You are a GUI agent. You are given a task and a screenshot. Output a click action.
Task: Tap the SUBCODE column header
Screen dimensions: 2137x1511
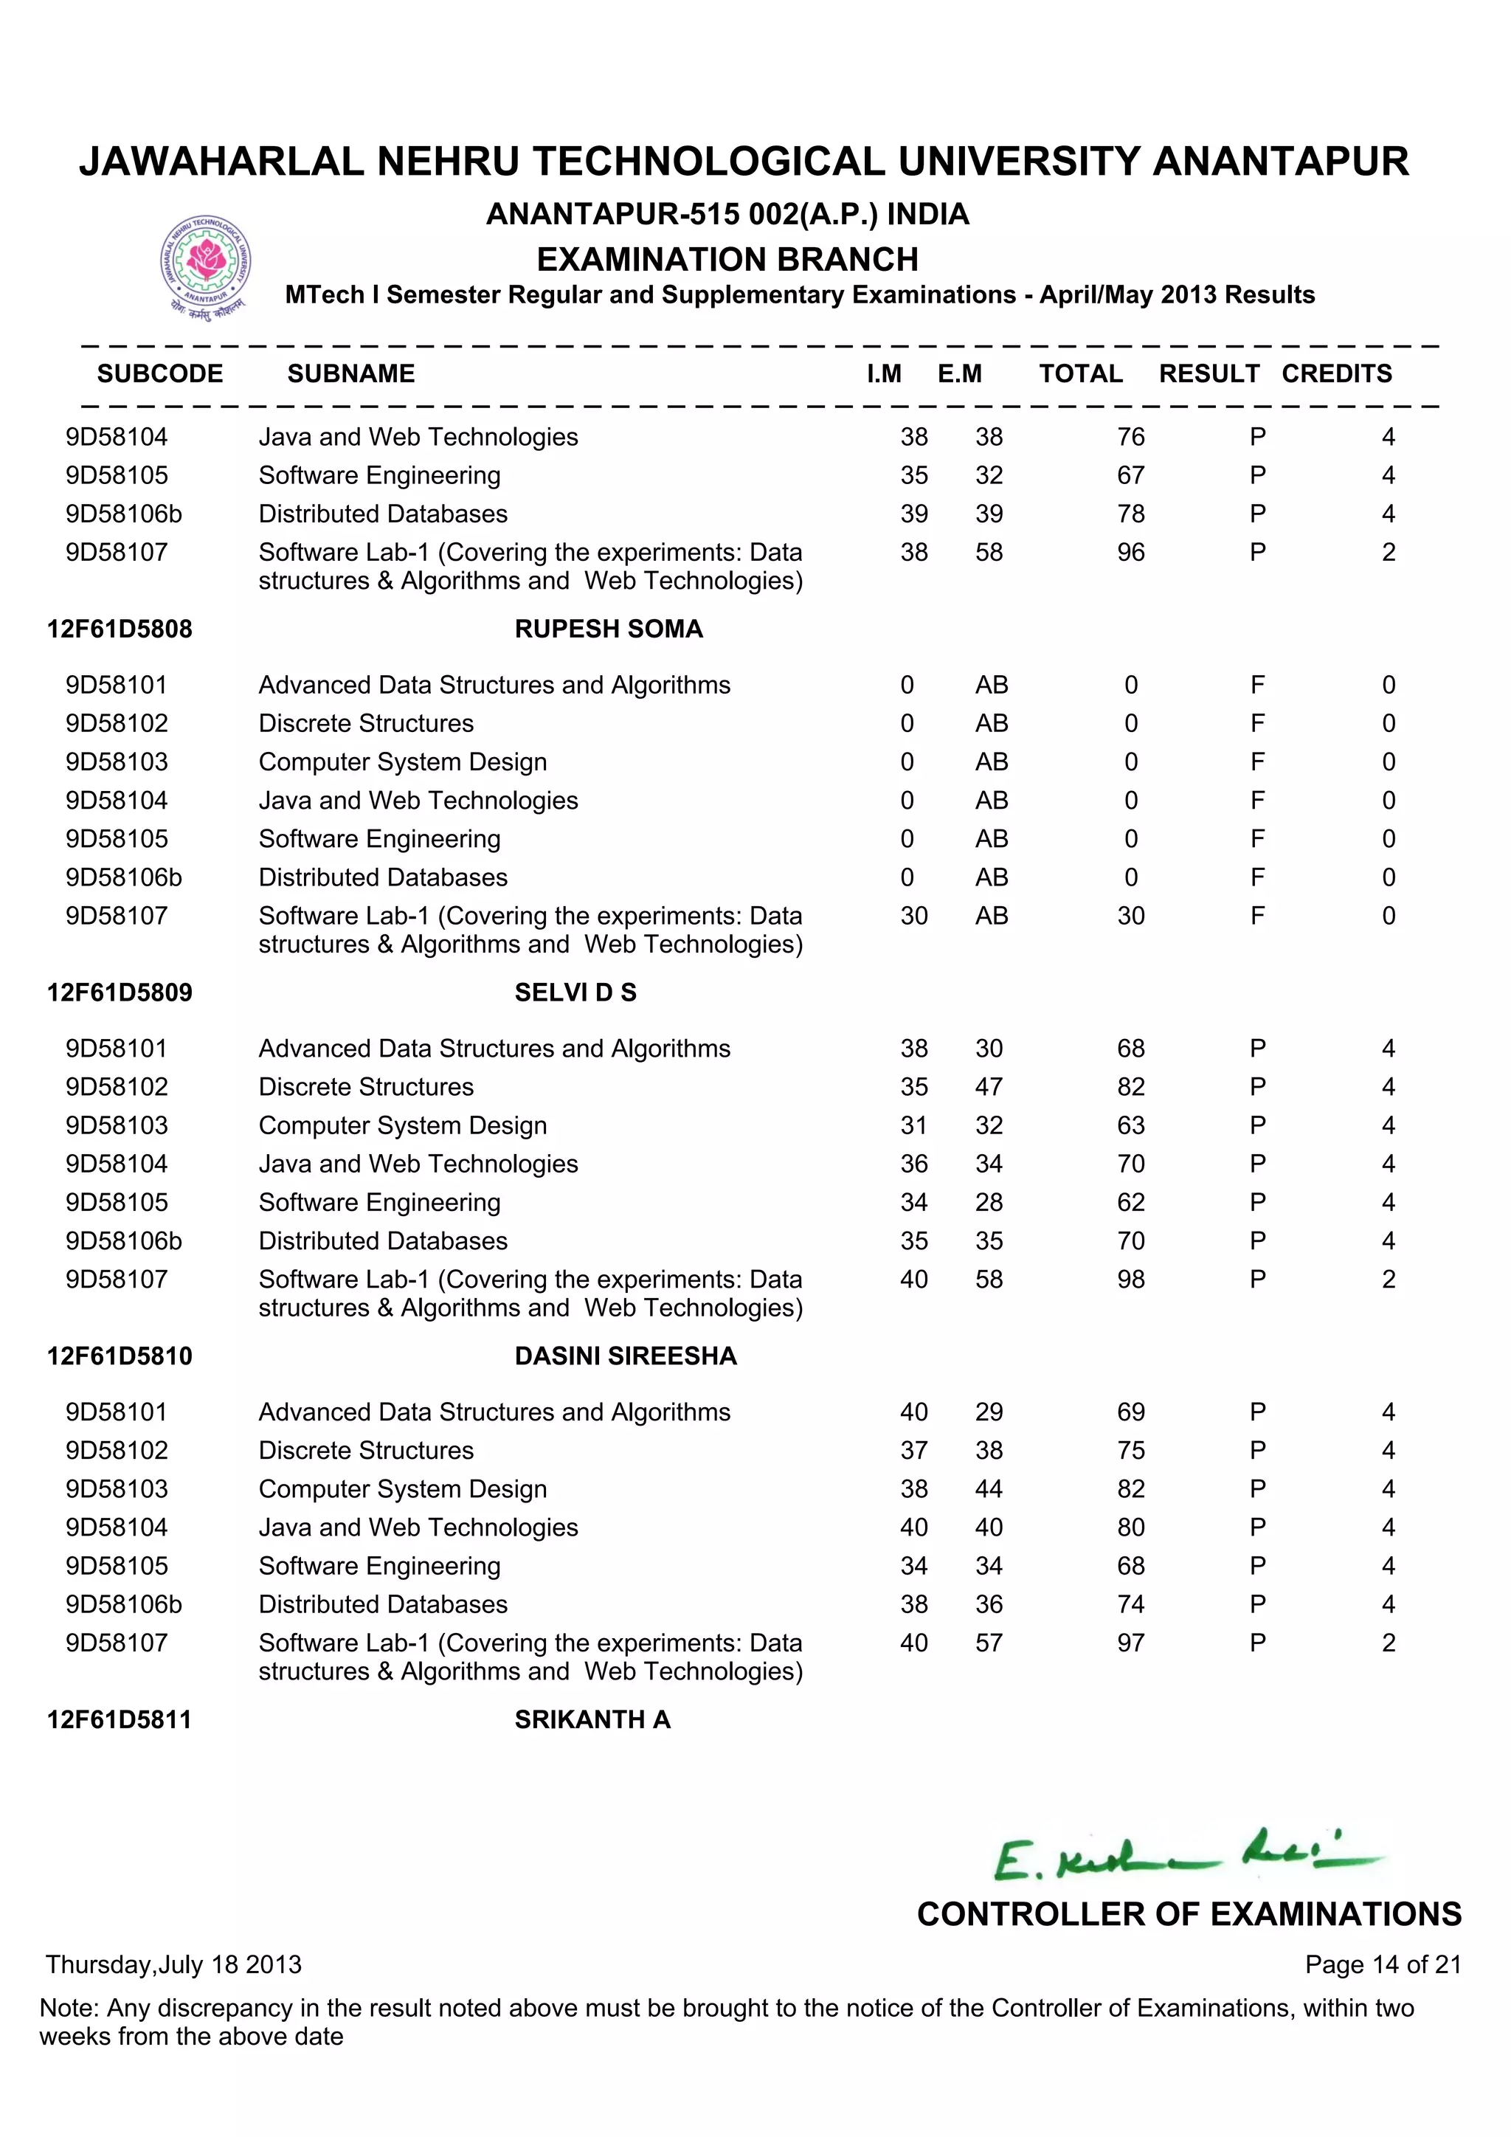pyautogui.click(x=160, y=373)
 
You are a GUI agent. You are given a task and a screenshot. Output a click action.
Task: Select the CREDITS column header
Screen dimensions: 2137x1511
pyautogui.click(x=1336, y=373)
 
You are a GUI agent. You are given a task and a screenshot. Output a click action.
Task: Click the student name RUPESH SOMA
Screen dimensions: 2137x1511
pyautogui.click(x=609, y=629)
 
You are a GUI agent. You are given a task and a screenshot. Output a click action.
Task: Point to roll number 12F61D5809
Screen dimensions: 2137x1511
pyautogui.click(x=120, y=992)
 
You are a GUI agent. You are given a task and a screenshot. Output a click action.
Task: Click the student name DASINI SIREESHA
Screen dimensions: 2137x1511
pyautogui.click(x=625, y=1356)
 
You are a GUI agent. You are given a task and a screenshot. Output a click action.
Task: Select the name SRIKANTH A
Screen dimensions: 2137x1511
pyautogui.click(x=592, y=1719)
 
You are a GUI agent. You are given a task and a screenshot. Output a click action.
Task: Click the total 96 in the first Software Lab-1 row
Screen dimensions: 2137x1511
pyautogui.click(x=1130, y=553)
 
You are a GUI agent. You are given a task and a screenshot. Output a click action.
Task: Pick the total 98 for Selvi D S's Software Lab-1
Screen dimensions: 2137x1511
pyautogui.click(x=1130, y=1280)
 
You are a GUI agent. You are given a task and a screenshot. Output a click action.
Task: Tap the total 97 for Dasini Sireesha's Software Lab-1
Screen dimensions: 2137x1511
pyautogui.click(x=1130, y=1643)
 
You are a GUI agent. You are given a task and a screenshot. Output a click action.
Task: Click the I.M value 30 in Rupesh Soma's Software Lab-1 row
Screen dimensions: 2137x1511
pyautogui.click(x=913, y=916)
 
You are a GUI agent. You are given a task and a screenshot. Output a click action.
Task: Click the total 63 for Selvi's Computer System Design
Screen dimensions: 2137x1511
pyautogui.click(x=1130, y=1126)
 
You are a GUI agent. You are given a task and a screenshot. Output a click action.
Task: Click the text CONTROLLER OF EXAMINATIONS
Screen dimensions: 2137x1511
pyautogui.click(x=1188, y=1915)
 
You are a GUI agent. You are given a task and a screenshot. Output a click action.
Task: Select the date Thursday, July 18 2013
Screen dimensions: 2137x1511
pyautogui.click(x=174, y=1965)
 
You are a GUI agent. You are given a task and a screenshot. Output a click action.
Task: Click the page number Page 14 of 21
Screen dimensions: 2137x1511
pyautogui.click(x=1383, y=1965)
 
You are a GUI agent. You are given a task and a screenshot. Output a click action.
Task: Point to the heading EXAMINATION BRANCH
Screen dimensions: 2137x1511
pyautogui.click(x=727, y=259)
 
